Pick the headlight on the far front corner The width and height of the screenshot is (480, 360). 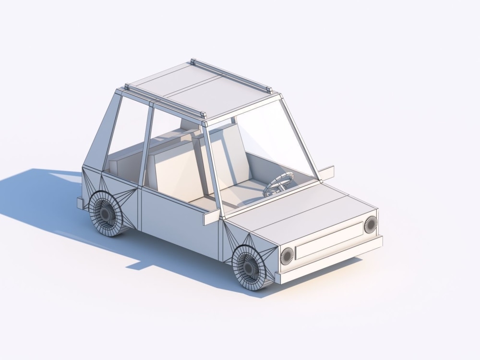371,224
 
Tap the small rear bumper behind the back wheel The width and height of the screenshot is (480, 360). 80,203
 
